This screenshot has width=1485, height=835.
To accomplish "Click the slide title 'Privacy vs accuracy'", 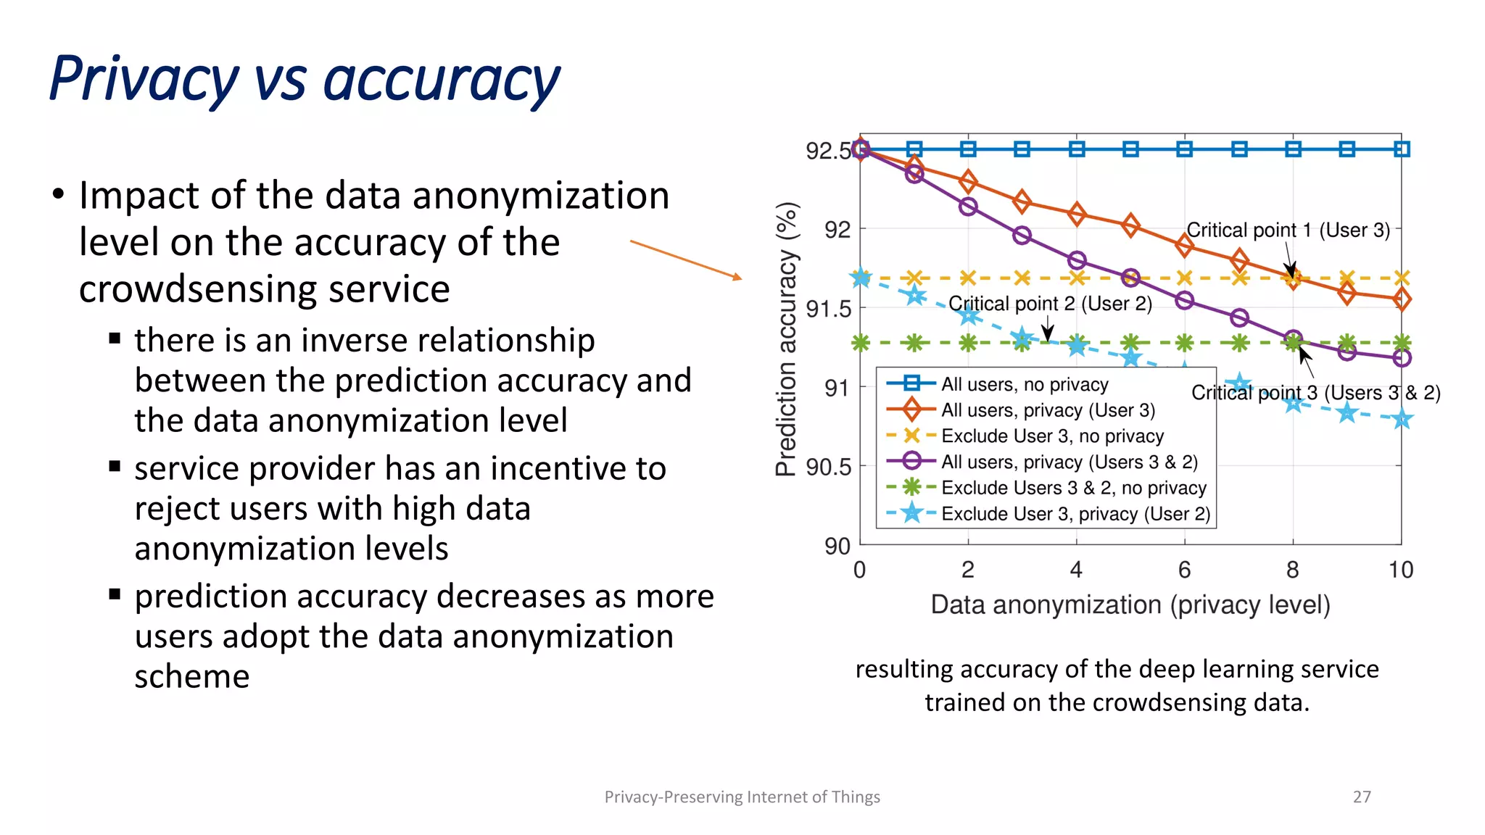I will (x=305, y=80).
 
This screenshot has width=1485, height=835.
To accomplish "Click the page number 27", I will (x=1362, y=797).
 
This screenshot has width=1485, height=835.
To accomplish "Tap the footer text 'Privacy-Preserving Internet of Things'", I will (x=742, y=797).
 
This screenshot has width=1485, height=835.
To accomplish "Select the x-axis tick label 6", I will (x=1184, y=570).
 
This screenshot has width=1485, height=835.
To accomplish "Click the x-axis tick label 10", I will (x=1400, y=570).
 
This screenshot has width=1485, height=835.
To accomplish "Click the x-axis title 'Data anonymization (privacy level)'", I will (x=1130, y=605).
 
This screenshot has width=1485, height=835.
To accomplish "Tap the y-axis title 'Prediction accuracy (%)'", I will (x=787, y=338).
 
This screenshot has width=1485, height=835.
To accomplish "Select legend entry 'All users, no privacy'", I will (x=1024, y=384).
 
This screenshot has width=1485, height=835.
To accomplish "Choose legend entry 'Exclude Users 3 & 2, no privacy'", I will (x=1073, y=488).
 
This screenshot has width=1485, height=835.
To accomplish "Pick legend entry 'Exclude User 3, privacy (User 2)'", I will (x=1075, y=514).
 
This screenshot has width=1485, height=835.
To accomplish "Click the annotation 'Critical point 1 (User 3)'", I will (x=1288, y=230).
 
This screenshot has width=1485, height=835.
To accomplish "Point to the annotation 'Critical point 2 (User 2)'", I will (x=1050, y=304).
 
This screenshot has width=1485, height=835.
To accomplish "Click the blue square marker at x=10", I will (x=1402, y=149).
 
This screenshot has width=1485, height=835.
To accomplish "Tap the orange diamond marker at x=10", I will (x=1402, y=299).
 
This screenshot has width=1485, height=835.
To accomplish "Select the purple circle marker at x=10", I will (x=1402, y=357).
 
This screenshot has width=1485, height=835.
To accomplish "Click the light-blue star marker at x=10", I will (x=1402, y=419).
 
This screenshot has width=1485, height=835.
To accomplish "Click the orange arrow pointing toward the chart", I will (x=685, y=259).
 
